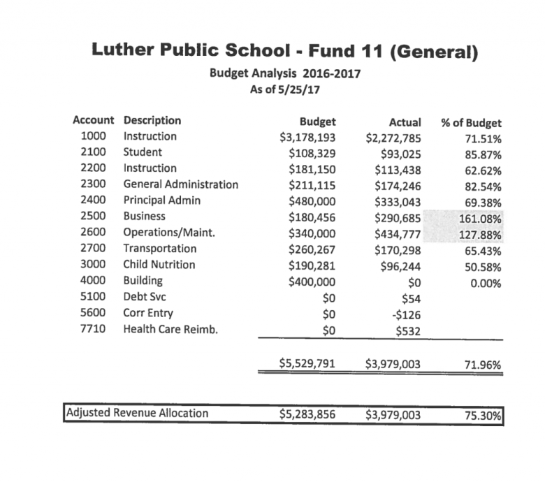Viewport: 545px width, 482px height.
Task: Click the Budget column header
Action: click(x=317, y=121)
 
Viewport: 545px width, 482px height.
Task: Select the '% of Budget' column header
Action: click(x=472, y=123)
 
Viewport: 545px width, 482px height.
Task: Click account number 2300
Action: click(x=93, y=184)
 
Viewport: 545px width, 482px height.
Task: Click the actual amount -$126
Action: click(x=405, y=314)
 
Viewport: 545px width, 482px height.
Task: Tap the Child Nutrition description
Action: click(x=159, y=265)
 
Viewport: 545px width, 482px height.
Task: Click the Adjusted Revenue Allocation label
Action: click(x=137, y=413)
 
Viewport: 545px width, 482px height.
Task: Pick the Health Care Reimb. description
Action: click(x=170, y=329)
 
